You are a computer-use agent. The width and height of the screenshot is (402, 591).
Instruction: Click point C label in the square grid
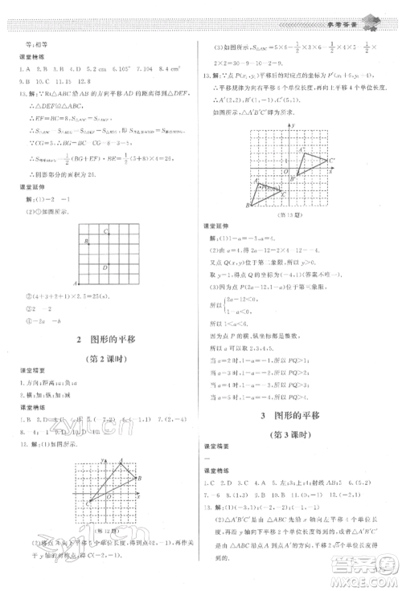(x=105, y=232)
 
